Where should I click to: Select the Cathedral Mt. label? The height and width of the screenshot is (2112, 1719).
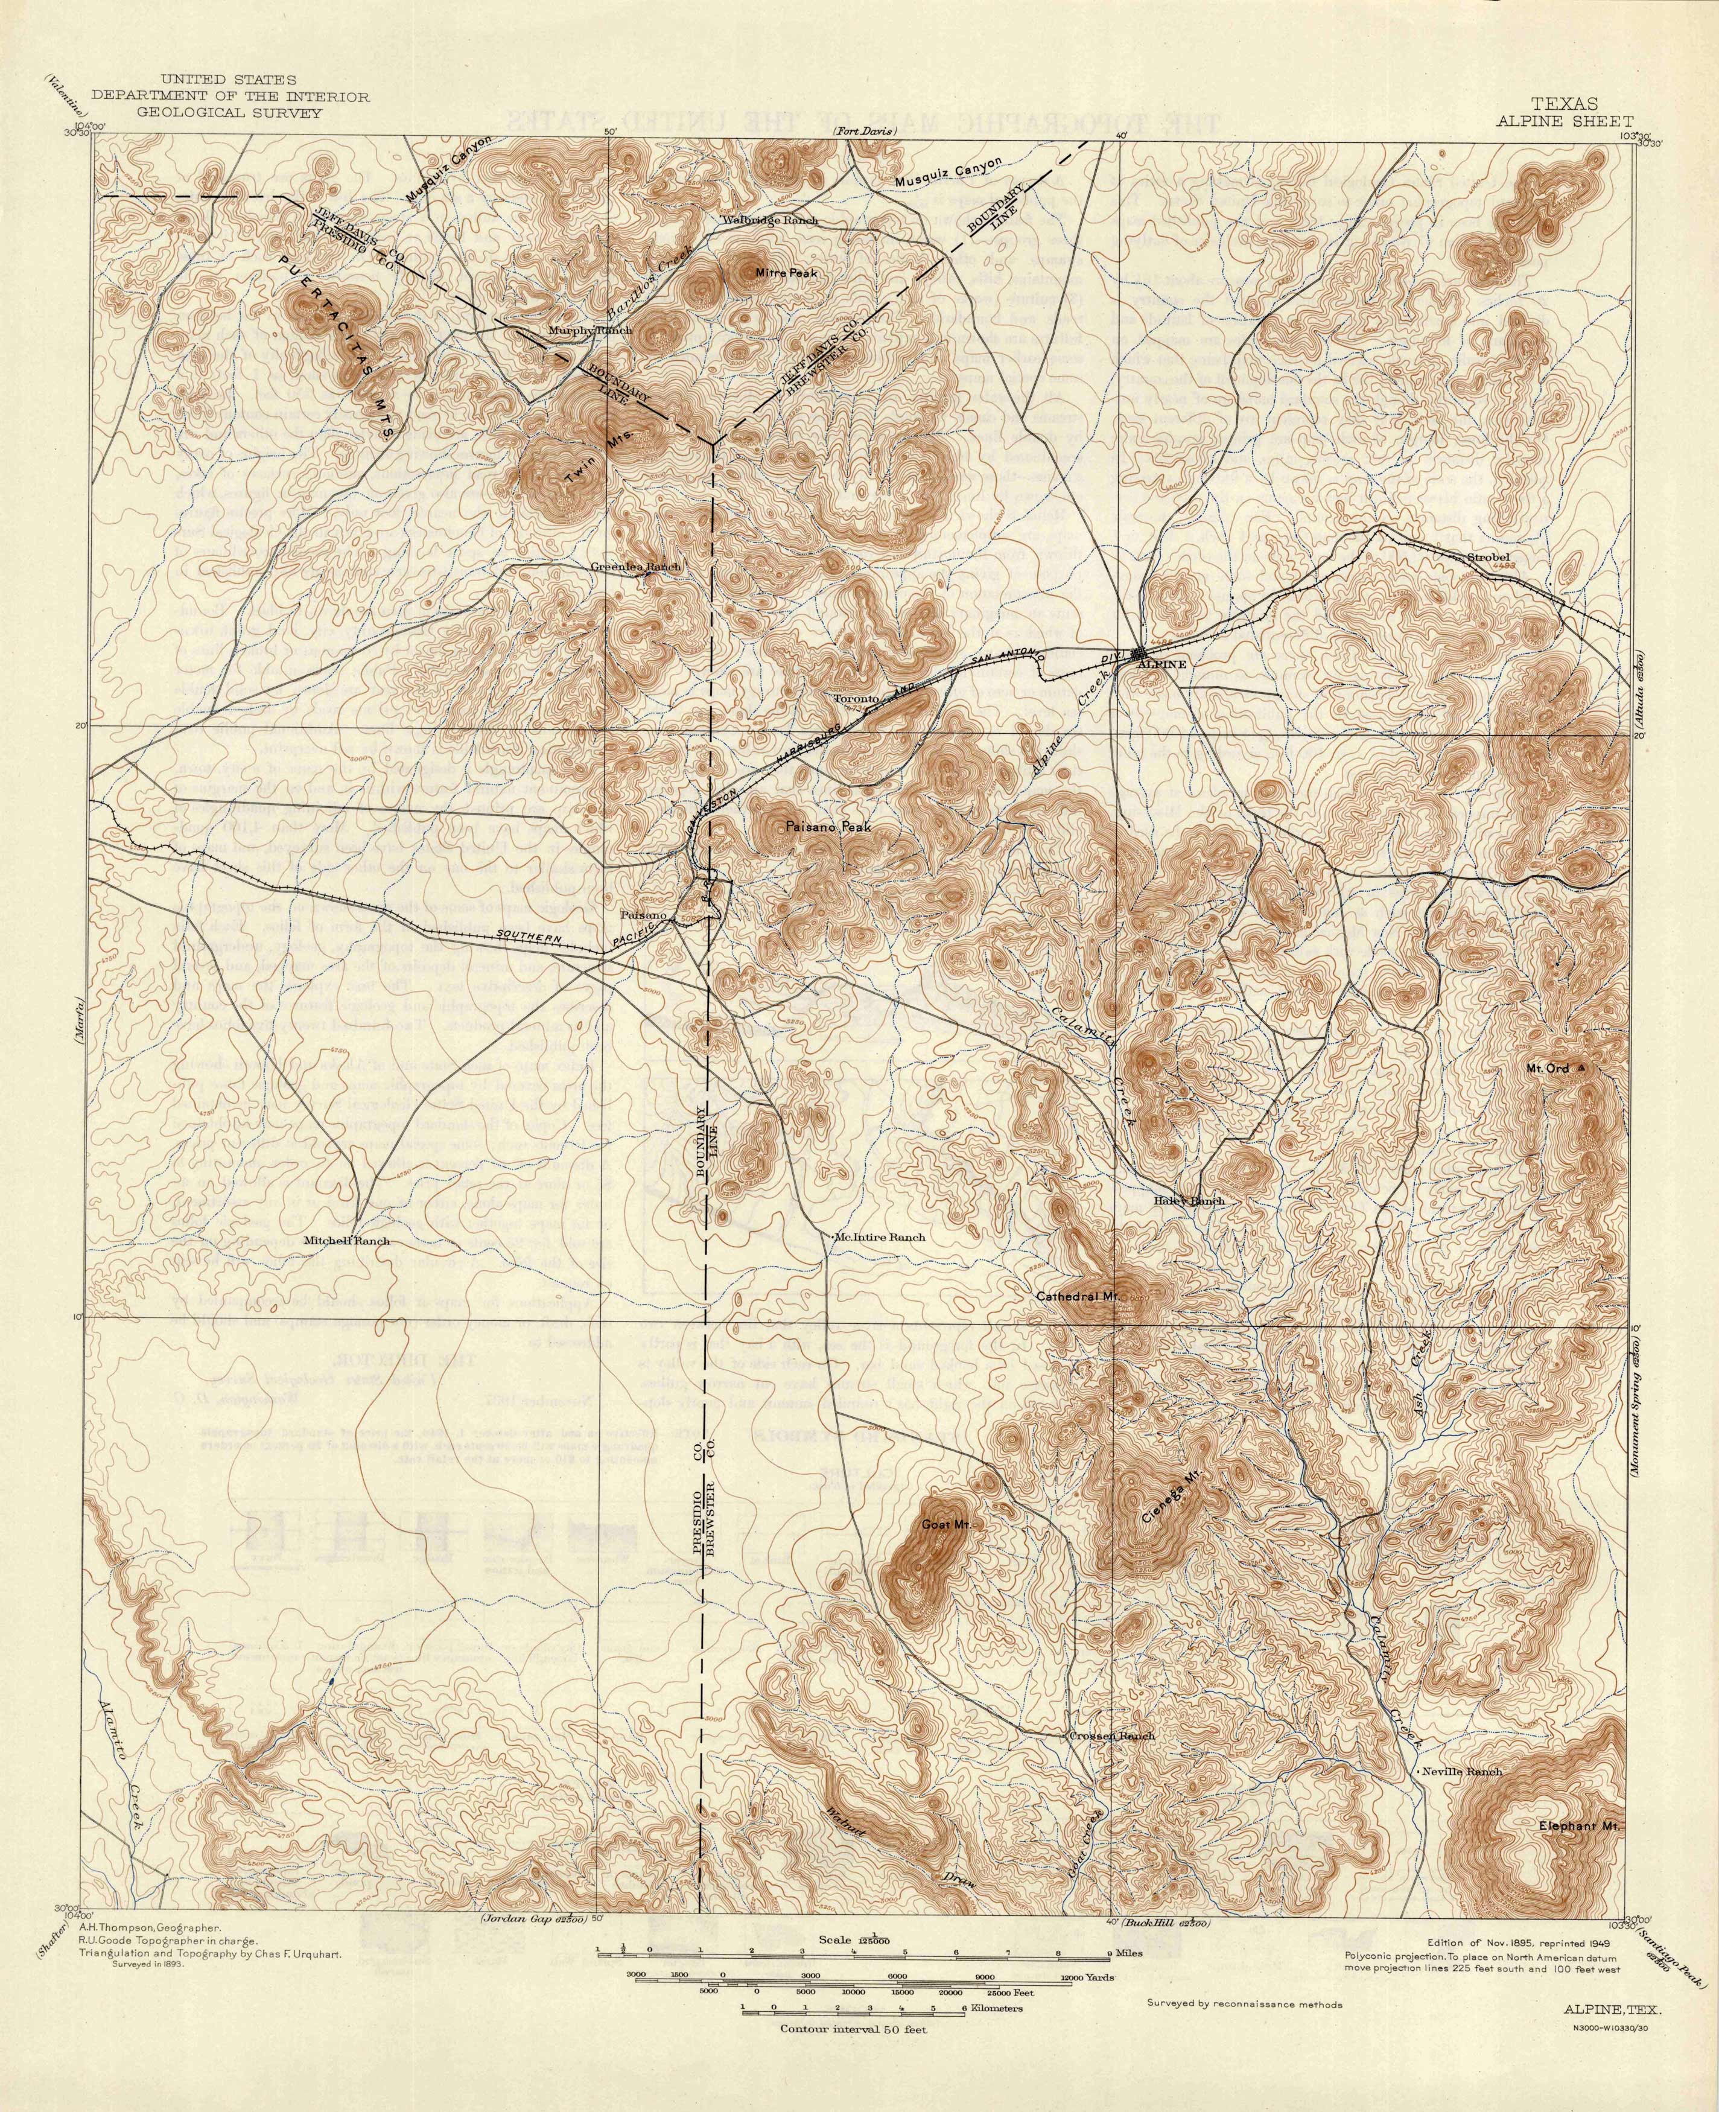1078,1295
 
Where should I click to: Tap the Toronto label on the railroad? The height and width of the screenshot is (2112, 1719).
856,698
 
